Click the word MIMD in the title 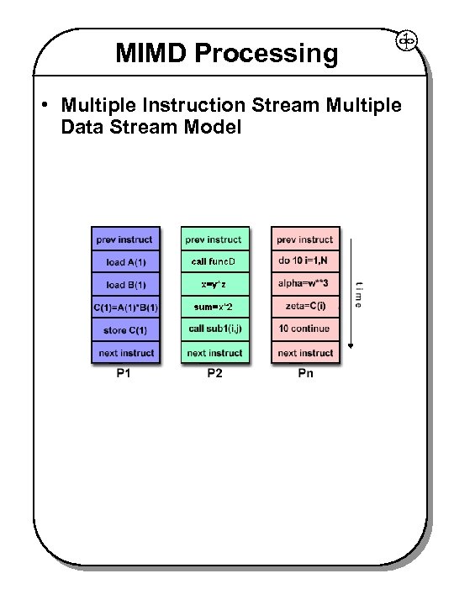tap(151, 54)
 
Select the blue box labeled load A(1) tap(125, 262)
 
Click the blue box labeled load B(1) tap(125, 284)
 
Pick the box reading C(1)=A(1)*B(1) tap(125, 307)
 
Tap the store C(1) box tap(125, 329)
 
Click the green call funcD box tap(214, 262)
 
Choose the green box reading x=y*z tap(214, 284)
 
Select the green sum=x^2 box tap(214, 307)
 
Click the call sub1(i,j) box tap(214, 329)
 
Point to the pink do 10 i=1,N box tap(304, 262)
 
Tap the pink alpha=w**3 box tap(304, 284)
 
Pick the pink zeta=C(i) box tap(304, 307)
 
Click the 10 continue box tap(304, 329)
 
